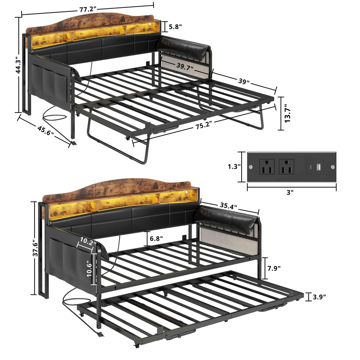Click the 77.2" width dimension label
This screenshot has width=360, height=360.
pos(88,9)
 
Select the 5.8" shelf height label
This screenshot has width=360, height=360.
pos(175,27)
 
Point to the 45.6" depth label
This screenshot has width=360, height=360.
pos(45,130)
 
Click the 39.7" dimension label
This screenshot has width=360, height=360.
pos(185,67)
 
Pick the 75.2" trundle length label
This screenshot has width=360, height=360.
pos(204,125)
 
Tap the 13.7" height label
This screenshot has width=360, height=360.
pos(287,113)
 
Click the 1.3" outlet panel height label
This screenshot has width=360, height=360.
pos(234,166)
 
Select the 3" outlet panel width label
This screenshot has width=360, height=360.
pos(290,192)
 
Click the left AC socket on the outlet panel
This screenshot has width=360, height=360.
pos(267,167)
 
